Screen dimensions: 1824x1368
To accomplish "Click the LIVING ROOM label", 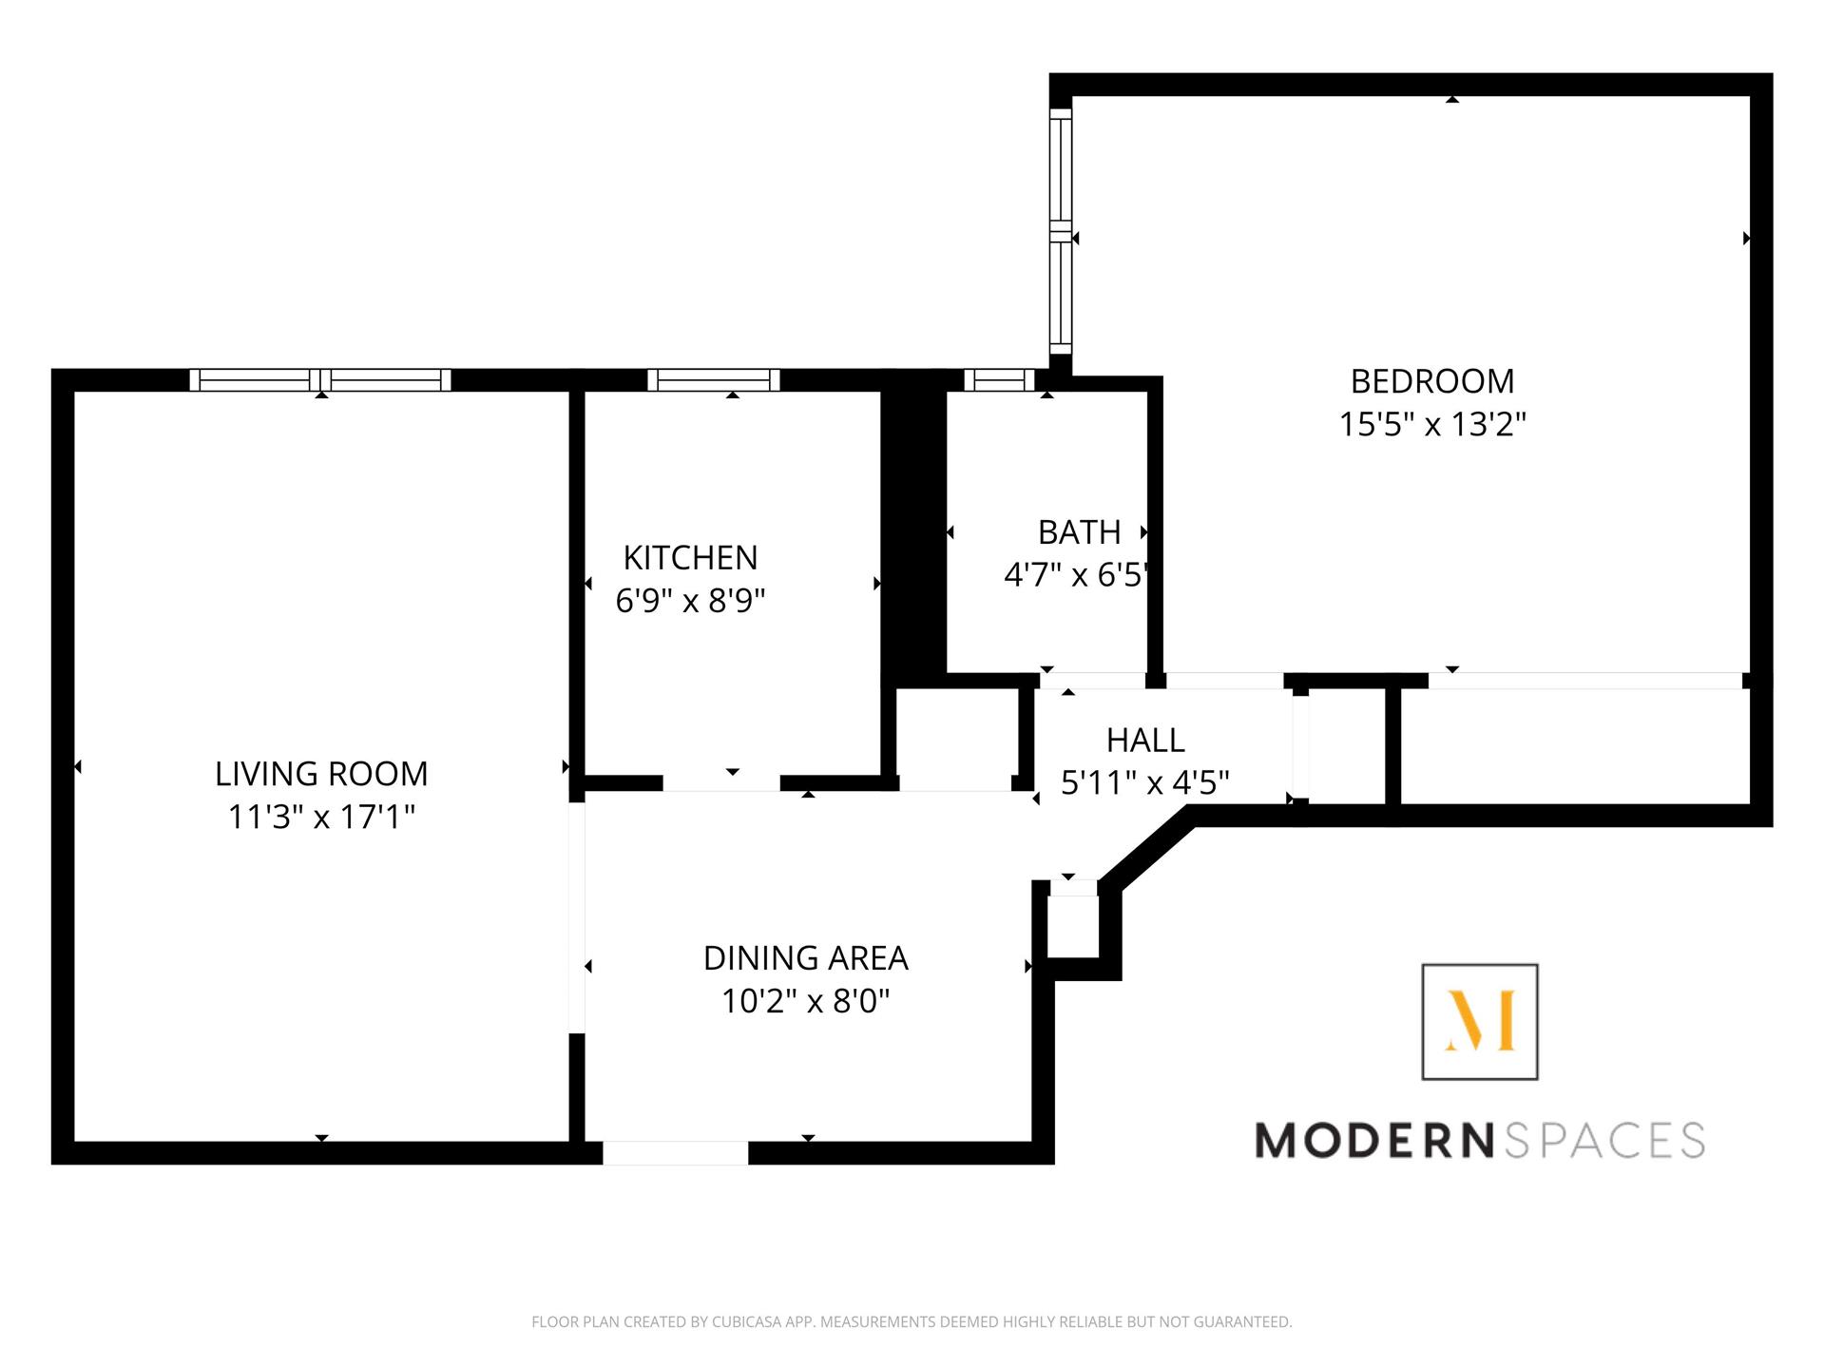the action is click(x=321, y=774).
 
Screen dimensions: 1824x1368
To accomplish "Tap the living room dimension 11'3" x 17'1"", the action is click(x=322, y=817).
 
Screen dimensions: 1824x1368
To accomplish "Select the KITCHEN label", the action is click(x=690, y=557).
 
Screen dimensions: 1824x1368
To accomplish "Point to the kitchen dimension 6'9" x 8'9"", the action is click(x=690, y=601).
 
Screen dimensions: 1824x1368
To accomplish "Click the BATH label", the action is click(x=1079, y=532).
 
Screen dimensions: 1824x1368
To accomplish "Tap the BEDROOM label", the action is click(x=1432, y=381).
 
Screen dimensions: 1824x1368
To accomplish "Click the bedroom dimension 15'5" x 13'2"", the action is click(x=1432, y=424).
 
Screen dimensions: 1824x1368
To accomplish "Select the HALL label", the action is click(x=1145, y=740).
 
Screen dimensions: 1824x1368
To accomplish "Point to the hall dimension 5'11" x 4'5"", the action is click(x=1145, y=782).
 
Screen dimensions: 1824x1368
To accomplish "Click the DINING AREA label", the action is click(x=806, y=958).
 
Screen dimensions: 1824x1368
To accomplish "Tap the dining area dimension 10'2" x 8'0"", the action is click(x=806, y=1001).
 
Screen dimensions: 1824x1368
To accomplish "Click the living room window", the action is click(x=320, y=380).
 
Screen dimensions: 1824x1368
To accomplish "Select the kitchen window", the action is click(x=714, y=380).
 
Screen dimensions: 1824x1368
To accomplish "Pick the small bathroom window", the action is click(x=999, y=380).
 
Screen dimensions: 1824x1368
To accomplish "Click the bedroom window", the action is click(x=1061, y=230).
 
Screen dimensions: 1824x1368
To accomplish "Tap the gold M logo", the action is click(x=1480, y=1021).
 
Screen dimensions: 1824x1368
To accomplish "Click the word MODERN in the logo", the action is click(x=1375, y=1140).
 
